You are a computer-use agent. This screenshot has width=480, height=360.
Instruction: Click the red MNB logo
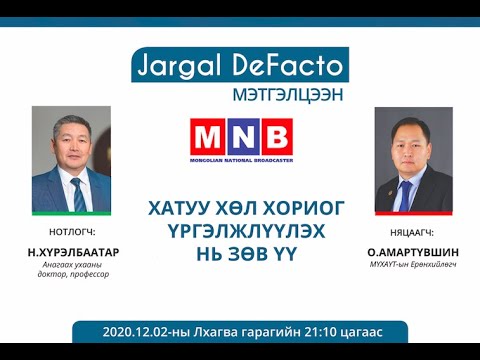coord(241,137)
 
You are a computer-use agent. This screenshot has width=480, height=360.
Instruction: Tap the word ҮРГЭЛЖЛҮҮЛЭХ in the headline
coord(240,230)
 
